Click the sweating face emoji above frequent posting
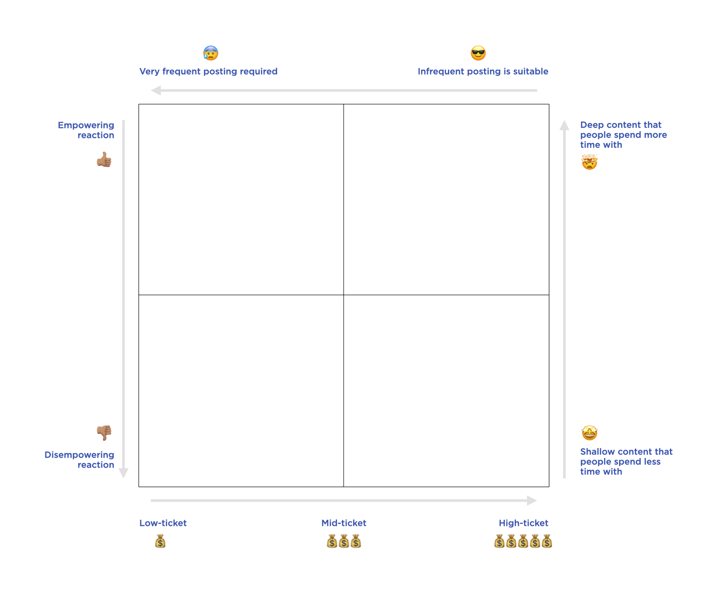click(x=211, y=53)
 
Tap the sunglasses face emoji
click(x=478, y=53)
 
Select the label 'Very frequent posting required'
click(x=208, y=71)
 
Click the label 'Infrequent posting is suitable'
click(x=483, y=71)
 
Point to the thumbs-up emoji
click(x=104, y=160)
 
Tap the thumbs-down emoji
click(x=104, y=433)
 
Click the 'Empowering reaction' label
click(x=86, y=130)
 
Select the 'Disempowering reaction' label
click(x=80, y=460)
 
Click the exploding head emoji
click(x=589, y=162)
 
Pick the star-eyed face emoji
click(x=589, y=433)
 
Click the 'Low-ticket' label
click(x=163, y=523)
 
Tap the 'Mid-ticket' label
click(x=344, y=523)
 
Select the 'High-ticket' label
click(x=523, y=523)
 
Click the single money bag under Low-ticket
click(x=160, y=542)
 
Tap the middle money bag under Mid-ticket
click(x=344, y=542)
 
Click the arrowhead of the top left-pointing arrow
click(x=156, y=90)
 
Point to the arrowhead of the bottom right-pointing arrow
click(x=532, y=501)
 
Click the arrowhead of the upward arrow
click(x=564, y=125)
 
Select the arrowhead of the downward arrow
click(x=124, y=473)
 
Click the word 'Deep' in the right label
click(x=591, y=125)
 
